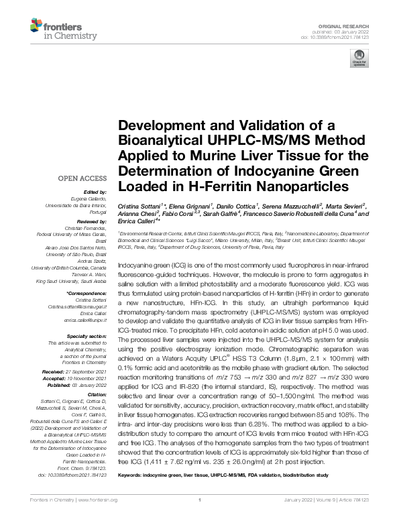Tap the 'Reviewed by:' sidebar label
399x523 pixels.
(x=94, y=221)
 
